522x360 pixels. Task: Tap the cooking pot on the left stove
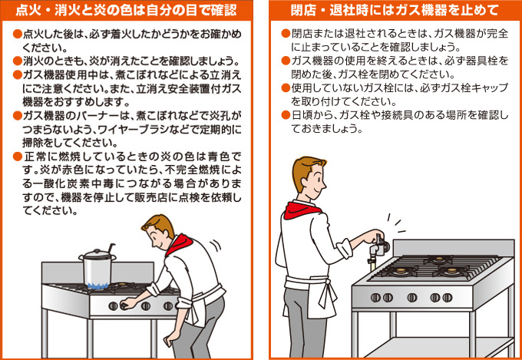click(97, 267)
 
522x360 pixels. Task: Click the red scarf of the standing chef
click(302, 210)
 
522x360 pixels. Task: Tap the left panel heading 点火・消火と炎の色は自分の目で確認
click(126, 10)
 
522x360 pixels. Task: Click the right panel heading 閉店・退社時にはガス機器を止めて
click(395, 10)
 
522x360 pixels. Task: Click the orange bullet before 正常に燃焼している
click(17, 156)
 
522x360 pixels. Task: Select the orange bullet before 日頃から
click(286, 115)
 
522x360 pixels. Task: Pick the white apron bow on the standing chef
click(328, 293)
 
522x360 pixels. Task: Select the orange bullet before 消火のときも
click(17, 61)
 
